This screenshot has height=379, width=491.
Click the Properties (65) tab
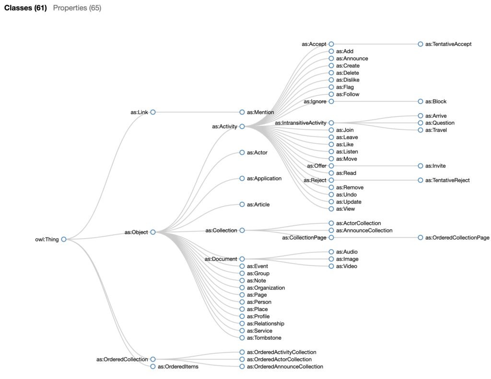(x=77, y=8)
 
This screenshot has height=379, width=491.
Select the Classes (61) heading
(x=25, y=8)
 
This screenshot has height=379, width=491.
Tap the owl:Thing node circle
(x=63, y=240)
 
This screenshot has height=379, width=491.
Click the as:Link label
(x=139, y=112)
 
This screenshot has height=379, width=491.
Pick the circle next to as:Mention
(x=242, y=112)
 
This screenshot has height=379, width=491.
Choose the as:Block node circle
(x=421, y=102)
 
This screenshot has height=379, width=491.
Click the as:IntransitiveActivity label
(x=300, y=123)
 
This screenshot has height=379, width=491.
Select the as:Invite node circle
(x=421, y=166)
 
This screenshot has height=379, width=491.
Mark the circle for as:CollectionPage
(x=331, y=238)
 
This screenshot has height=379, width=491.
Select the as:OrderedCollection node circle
(x=153, y=359)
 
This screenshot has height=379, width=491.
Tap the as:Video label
(x=347, y=266)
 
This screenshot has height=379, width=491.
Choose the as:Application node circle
(x=242, y=179)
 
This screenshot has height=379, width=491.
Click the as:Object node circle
(x=153, y=232)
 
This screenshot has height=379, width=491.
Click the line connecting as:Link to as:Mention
(x=197, y=112)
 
